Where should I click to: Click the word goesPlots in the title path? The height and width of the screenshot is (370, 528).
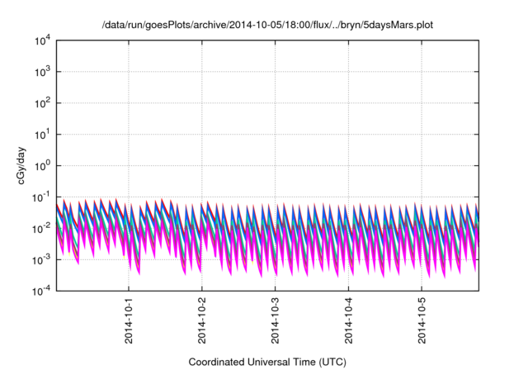(164, 26)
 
